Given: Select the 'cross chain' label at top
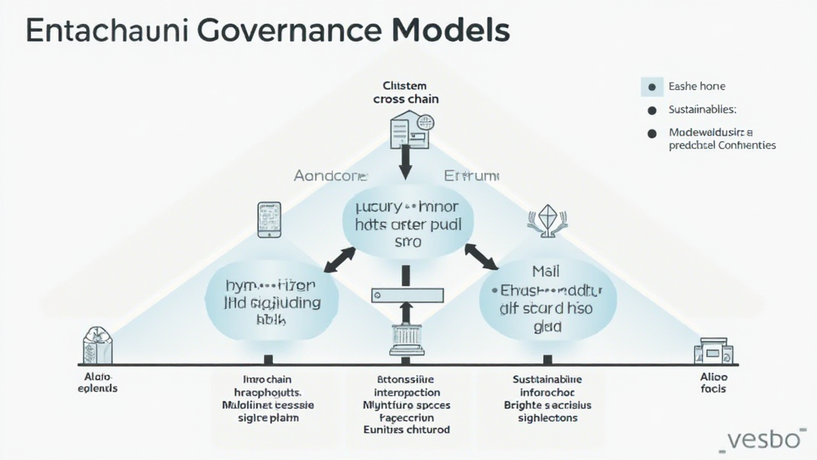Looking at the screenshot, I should pos(405,99).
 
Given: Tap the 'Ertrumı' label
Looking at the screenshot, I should pos(471,175).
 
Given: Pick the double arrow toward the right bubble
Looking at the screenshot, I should pos(482,256).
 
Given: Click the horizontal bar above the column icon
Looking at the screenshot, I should pos(406,294).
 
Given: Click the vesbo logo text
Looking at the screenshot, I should pos(765,439).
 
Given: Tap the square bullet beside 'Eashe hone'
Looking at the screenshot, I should pos(652,87).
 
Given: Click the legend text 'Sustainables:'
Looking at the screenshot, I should pos(703,109).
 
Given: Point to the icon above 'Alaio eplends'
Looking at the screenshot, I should pos(97,346).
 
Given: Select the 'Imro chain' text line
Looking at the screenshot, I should pos(268,379).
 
